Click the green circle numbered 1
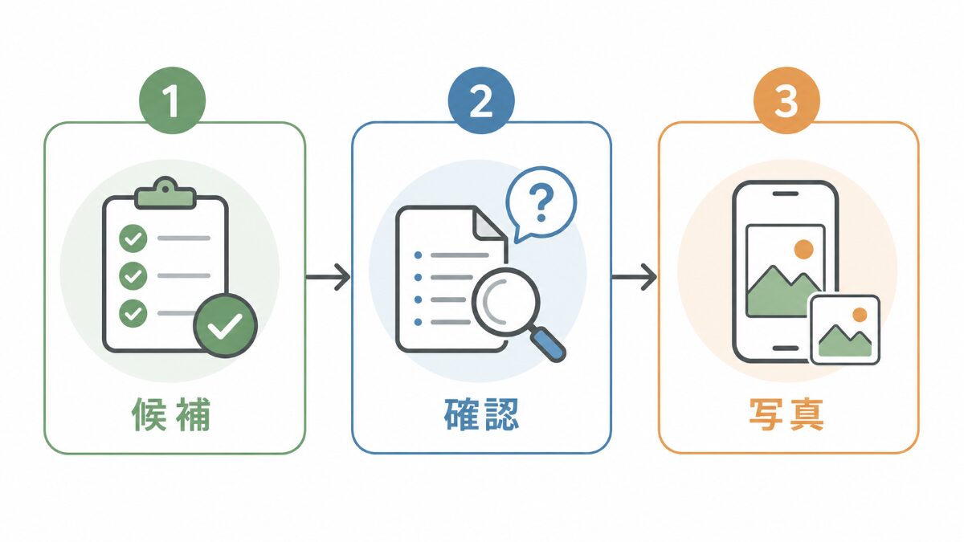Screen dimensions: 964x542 click(x=172, y=100)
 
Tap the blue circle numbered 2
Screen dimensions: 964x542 click(x=481, y=100)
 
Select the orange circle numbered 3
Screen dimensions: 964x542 click(x=786, y=100)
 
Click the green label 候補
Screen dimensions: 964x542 click(x=171, y=414)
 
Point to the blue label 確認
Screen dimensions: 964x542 click(x=481, y=414)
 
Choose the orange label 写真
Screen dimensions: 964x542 click(x=786, y=414)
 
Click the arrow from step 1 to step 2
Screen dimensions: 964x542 click(x=328, y=277)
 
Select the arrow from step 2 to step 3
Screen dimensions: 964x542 click(x=635, y=277)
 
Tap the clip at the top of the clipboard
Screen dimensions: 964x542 click(x=165, y=194)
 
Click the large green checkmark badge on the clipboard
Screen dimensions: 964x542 click(x=225, y=326)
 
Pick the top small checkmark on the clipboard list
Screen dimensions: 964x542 click(x=133, y=238)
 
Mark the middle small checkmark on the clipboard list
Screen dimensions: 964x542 click(x=133, y=275)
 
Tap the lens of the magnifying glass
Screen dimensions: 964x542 click(x=505, y=302)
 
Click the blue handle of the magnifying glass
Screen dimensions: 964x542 click(x=547, y=344)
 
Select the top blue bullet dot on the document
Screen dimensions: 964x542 click(x=418, y=255)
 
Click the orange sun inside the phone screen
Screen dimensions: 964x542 click(x=803, y=249)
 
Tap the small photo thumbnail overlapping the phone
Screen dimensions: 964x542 click(x=845, y=330)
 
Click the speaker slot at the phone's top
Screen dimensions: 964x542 click(x=786, y=194)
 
